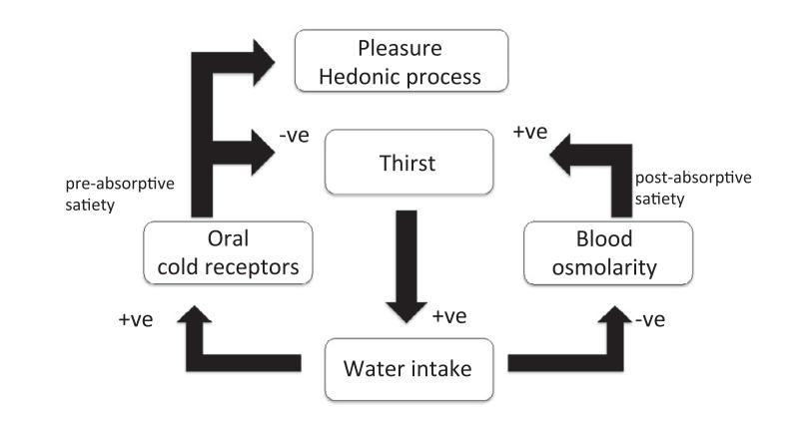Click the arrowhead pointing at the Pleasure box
(x=268, y=59)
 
